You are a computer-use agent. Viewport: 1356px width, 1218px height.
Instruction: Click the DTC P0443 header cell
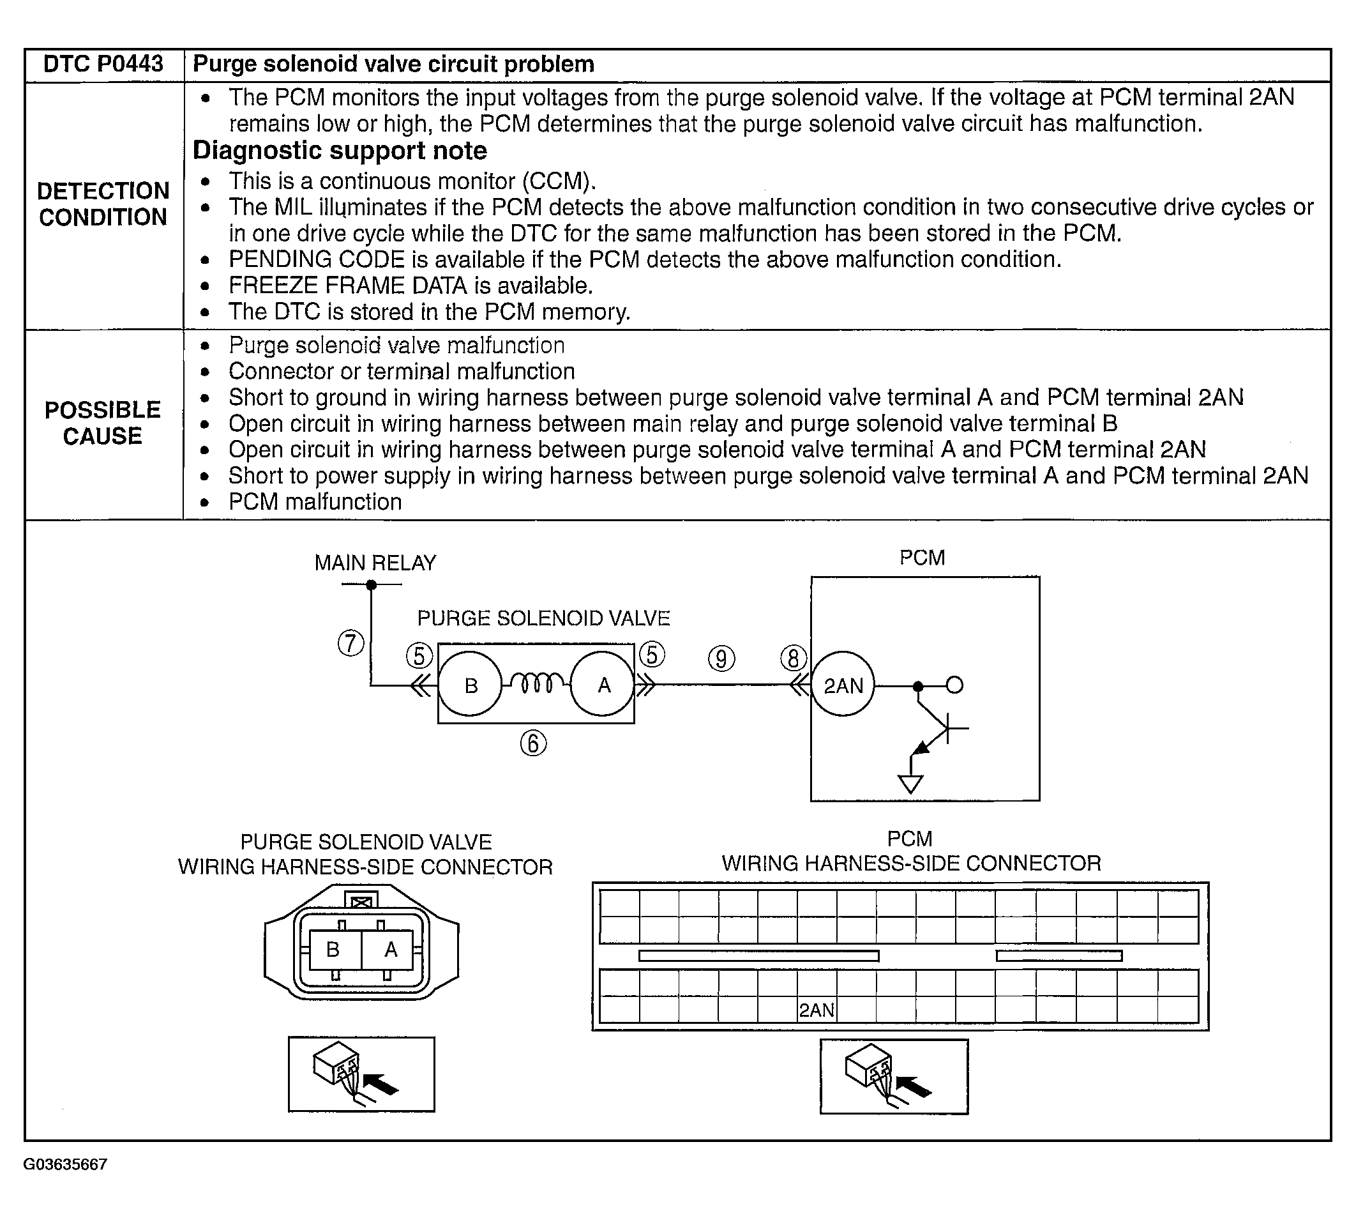[103, 65]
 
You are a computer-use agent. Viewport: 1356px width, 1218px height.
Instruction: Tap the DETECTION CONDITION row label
[103, 204]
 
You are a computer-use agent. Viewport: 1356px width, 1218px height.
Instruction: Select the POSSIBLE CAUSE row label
[103, 423]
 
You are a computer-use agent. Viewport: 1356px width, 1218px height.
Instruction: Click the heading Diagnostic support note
[340, 151]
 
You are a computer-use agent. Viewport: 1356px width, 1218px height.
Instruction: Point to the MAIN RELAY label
[375, 563]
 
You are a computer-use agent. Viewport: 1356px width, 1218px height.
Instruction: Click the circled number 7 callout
[351, 643]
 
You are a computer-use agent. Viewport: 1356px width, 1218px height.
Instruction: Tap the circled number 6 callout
[533, 743]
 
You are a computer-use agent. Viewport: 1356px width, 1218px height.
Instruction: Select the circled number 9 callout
[721, 659]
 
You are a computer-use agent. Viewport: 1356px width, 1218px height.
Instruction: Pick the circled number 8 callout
[794, 658]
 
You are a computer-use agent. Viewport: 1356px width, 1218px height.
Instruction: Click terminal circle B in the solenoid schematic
[471, 685]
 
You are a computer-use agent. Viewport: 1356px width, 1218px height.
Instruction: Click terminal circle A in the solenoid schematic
[603, 685]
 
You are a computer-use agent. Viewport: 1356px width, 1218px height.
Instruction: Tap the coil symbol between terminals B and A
[536, 683]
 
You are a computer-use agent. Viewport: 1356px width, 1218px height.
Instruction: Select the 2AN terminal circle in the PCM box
[843, 686]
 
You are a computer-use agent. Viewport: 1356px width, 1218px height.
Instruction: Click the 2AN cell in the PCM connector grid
[816, 1009]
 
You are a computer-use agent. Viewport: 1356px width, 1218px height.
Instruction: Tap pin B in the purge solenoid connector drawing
[333, 949]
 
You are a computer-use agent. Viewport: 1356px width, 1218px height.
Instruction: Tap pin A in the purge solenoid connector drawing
[391, 949]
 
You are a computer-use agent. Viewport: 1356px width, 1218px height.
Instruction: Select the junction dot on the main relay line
[372, 585]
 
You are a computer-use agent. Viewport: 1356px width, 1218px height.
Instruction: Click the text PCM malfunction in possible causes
[315, 502]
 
